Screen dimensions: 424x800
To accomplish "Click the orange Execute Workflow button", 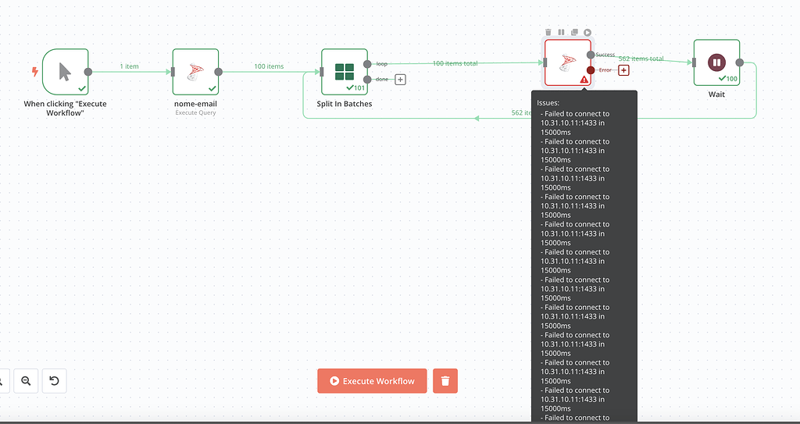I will (x=372, y=381).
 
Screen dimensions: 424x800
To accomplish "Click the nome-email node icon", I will (x=195, y=72).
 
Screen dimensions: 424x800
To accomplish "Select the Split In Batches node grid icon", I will (x=345, y=72).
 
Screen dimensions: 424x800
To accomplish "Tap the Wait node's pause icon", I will (x=716, y=62).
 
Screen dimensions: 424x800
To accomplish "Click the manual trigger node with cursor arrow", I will (x=65, y=72).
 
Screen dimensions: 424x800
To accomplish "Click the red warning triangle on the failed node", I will (x=584, y=80).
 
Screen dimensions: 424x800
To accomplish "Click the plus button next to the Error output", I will (x=623, y=70).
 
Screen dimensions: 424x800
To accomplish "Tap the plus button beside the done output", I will (x=400, y=79).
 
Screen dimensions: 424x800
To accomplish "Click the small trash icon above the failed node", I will (x=548, y=32).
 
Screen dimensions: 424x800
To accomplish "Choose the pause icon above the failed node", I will (x=561, y=32).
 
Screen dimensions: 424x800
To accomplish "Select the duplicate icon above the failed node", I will (x=574, y=32).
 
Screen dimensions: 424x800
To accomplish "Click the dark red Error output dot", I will (x=591, y=70).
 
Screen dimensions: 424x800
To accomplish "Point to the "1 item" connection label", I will (x=129, y=66).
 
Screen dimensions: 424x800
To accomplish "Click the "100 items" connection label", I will (x=269, y=66).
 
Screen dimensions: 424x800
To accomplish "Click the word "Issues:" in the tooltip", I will (x=548, y=102).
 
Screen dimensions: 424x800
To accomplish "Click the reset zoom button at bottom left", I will (x=54, y=381).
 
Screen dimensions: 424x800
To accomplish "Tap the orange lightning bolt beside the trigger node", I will (x=34, y=72).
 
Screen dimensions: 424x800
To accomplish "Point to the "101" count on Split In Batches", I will (x=359, y=87).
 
